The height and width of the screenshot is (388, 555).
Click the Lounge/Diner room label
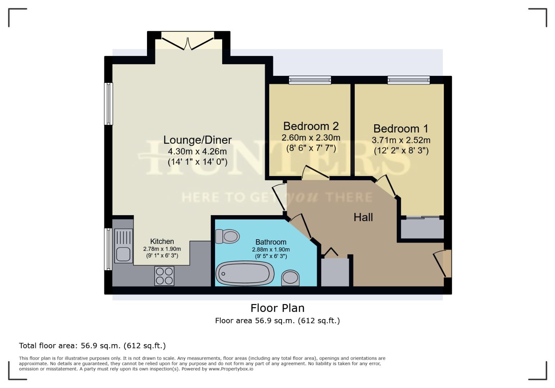point(197,140)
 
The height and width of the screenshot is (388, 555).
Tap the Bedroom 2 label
point(311,126)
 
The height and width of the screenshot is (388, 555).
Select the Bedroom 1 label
point(401,129)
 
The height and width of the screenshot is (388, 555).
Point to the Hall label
point(363,217)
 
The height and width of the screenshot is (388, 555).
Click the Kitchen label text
point(162,241)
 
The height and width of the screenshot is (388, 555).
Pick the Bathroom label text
point(271,242)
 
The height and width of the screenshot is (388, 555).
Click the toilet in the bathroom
point(228,236)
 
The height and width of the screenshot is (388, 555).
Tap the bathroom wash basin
point(290,278)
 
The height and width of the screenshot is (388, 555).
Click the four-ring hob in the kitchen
point(164,276)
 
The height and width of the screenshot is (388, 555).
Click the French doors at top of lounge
point(188,40)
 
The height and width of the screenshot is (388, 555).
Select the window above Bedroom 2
point(310,80)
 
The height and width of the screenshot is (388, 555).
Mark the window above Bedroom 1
point(408,80)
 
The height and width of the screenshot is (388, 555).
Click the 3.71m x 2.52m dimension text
point(401,140)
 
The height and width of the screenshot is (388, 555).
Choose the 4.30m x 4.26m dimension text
point(197,151)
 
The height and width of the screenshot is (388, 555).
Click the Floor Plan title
point(277,308)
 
